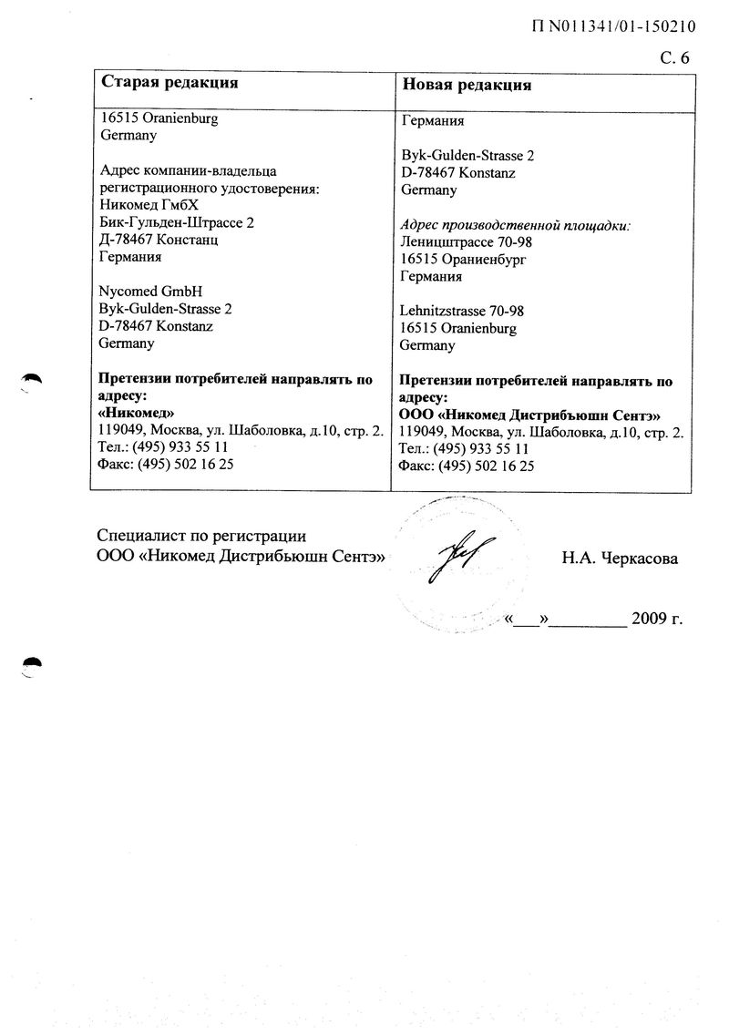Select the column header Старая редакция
(169, 83)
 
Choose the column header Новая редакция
(467, 85)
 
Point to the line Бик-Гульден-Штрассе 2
(177, 223)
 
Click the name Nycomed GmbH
(150, 292)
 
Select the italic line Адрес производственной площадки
(516, 225)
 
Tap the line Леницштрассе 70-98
(466, 242)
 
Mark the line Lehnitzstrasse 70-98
(462, 311)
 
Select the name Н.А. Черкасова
(620, 558)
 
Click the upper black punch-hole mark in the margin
(32, 380)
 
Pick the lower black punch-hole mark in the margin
(32, 665)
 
